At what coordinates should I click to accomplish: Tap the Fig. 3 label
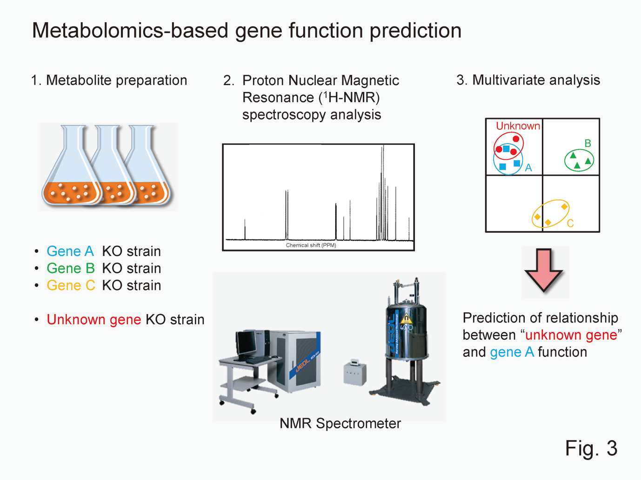pos(591,448)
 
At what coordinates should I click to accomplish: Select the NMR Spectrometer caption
pos(340,423)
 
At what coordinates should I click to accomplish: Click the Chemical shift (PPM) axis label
pos(311,245)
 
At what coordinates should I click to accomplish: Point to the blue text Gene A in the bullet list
pos(70,251)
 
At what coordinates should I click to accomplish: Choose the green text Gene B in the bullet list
pos(71,269)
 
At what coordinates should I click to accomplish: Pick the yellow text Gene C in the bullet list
pos(71,285)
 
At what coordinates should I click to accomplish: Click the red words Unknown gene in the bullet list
pos(94,320)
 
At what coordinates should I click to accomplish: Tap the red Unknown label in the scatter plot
pos(518,126)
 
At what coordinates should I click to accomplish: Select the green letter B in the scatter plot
pos(588,144)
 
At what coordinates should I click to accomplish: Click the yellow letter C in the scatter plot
pos(570,224)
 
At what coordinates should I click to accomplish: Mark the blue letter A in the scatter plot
pos(528,168)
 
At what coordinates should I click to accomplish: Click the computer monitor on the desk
pos(246,343)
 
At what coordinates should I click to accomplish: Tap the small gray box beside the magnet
pos(354,373)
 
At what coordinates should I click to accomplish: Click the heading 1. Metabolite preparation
pos(109,80)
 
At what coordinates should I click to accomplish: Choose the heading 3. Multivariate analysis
pos(528,80)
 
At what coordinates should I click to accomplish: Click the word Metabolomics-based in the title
pos(130,31)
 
